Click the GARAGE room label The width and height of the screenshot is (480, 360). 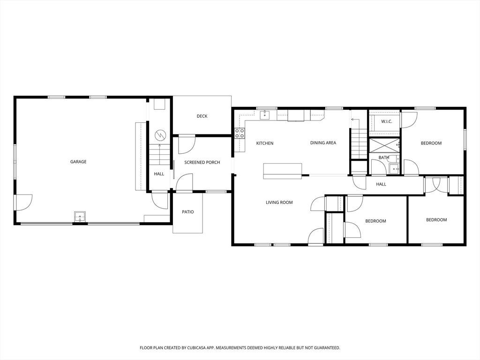click(78, 162)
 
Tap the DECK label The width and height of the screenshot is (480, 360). click(202, 116)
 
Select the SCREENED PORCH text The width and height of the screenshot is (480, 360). click(202, 162)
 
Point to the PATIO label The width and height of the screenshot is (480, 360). click(188, 212)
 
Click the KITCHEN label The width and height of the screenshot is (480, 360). click(265, 143)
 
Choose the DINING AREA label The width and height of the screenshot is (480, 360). click(323, 142)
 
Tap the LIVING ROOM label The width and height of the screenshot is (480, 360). click(279, 202)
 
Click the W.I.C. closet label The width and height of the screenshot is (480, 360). click(387, 121)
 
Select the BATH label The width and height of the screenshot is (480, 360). click(384, 157)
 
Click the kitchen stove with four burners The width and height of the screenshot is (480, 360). click(240, 133)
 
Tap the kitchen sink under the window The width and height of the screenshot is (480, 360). click(265, 115)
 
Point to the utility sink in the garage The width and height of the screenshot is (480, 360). click(80, 217)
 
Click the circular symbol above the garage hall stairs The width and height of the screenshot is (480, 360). click(160, 135)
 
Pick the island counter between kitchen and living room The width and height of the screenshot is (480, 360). click(283, 171)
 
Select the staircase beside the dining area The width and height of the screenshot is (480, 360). click(359, 144)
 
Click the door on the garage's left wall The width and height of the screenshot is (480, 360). click(22, 202)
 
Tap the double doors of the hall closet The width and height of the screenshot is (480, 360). click(436, 185)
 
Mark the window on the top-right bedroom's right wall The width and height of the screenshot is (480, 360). click(465, 139)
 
